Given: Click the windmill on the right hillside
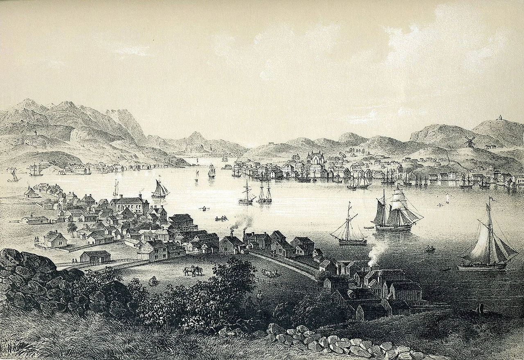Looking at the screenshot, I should tap(470, 142).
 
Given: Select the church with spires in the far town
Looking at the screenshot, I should tap(314, 158).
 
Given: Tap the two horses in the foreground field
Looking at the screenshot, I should tap(193, 271).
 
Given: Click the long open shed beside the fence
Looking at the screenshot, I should tap(95, 257).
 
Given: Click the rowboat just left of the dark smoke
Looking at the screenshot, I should tap(221, 218).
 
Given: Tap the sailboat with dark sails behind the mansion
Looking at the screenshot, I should tap(160, 189).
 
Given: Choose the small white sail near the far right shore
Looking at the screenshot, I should tap(447, 199).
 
